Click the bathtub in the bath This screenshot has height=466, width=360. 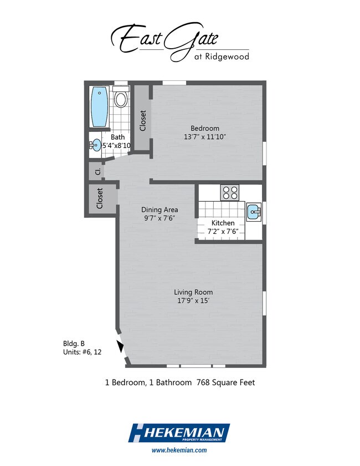(99, 107)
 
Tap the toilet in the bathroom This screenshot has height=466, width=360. (121, 97)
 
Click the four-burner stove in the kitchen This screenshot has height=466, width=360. (230, 192)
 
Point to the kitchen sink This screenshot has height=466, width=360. (254, 212)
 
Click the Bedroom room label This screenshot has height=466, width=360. (205, 129)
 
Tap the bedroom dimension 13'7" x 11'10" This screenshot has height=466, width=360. (205, 137)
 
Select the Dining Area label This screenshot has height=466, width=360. (160, 209)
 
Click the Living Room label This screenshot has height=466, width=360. (193, 292)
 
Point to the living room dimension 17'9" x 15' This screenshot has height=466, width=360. (193, 300)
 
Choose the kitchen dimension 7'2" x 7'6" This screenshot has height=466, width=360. (223, 232)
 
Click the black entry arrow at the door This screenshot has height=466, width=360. (120, 346)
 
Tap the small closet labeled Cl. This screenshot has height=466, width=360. (97, 171)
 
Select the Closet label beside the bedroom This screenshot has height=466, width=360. (143, 121)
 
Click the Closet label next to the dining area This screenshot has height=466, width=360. (100, 198)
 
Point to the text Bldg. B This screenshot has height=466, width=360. (74, 344)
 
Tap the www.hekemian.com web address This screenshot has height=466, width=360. (179, 450)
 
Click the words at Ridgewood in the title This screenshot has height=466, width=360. (222, 57)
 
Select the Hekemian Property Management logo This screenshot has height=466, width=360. (179, 433)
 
